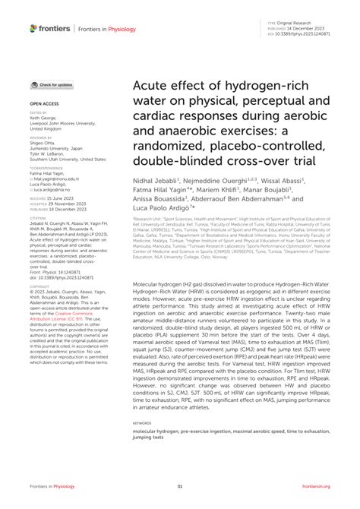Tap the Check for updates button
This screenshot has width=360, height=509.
(x=52, y=85)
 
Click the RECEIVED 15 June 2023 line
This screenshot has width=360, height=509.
(x=56, y=198)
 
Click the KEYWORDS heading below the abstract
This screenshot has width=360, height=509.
(x=142, y=423)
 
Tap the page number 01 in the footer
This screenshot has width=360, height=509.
(x=181, y=486)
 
